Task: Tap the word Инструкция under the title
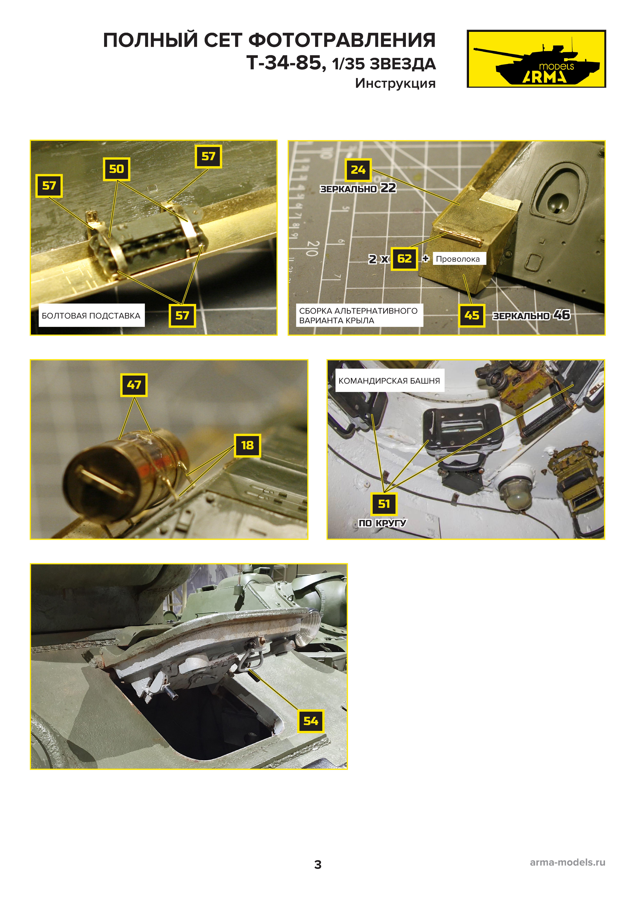pos(395,83)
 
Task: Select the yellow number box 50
pos(116,169)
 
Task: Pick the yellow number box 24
pos(358,170)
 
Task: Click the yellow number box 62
pos(404,259)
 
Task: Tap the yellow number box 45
pos(472,316)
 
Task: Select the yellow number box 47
pos(134,385)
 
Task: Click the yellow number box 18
pos(247,445)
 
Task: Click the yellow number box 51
pos(384,504)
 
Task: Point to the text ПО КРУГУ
pos(382,523)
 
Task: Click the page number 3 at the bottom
pos(318,865)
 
